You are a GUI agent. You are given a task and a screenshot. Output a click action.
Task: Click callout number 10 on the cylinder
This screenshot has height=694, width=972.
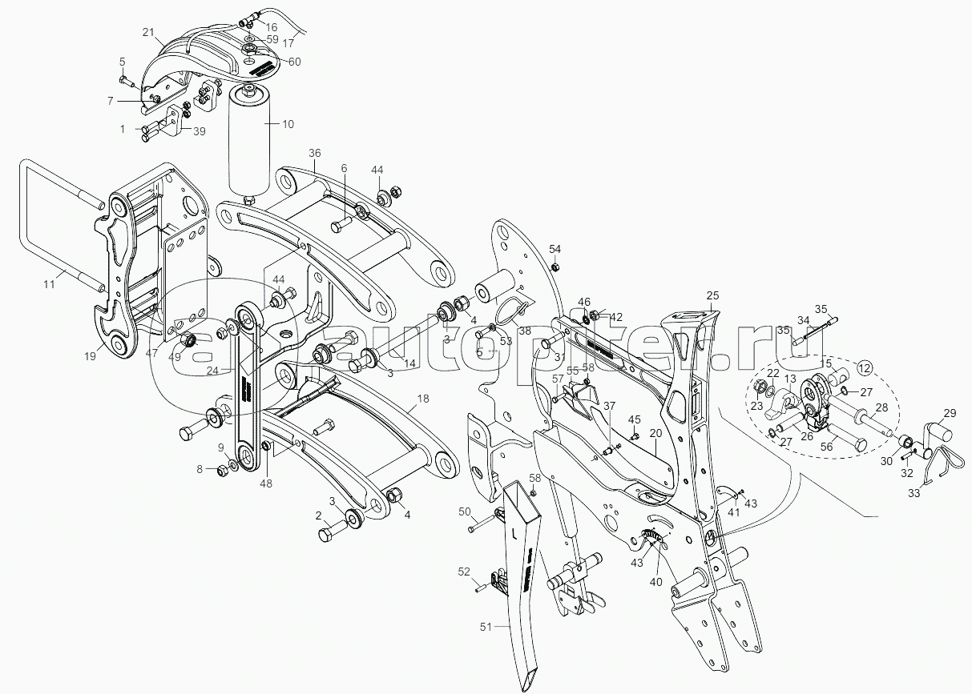pyautogui.click(x=288, y=123)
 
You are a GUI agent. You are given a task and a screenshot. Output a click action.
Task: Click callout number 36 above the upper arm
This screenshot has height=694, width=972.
pyautogui.click(x=314, y=153)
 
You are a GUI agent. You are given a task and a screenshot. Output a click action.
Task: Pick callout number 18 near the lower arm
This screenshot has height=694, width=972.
pyautogui.click(x=423, y=399)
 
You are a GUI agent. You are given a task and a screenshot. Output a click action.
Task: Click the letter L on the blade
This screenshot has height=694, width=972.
pyautogui.click(x=512, y=532)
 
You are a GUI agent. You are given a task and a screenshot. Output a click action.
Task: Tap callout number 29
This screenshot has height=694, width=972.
pyautogui.click(x=949, y=413)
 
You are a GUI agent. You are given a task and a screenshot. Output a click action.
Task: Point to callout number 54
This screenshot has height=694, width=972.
pyautogui.click(x=555, y=249)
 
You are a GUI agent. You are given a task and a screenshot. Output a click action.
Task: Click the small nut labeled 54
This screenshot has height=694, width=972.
pyautogui.click(x=556, y=266)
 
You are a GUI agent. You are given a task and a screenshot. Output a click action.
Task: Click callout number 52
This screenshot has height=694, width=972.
pyautogui.click(x=463, y=571)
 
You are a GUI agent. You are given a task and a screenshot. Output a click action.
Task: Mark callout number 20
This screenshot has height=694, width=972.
pyautogui.click(x=655, y=432)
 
